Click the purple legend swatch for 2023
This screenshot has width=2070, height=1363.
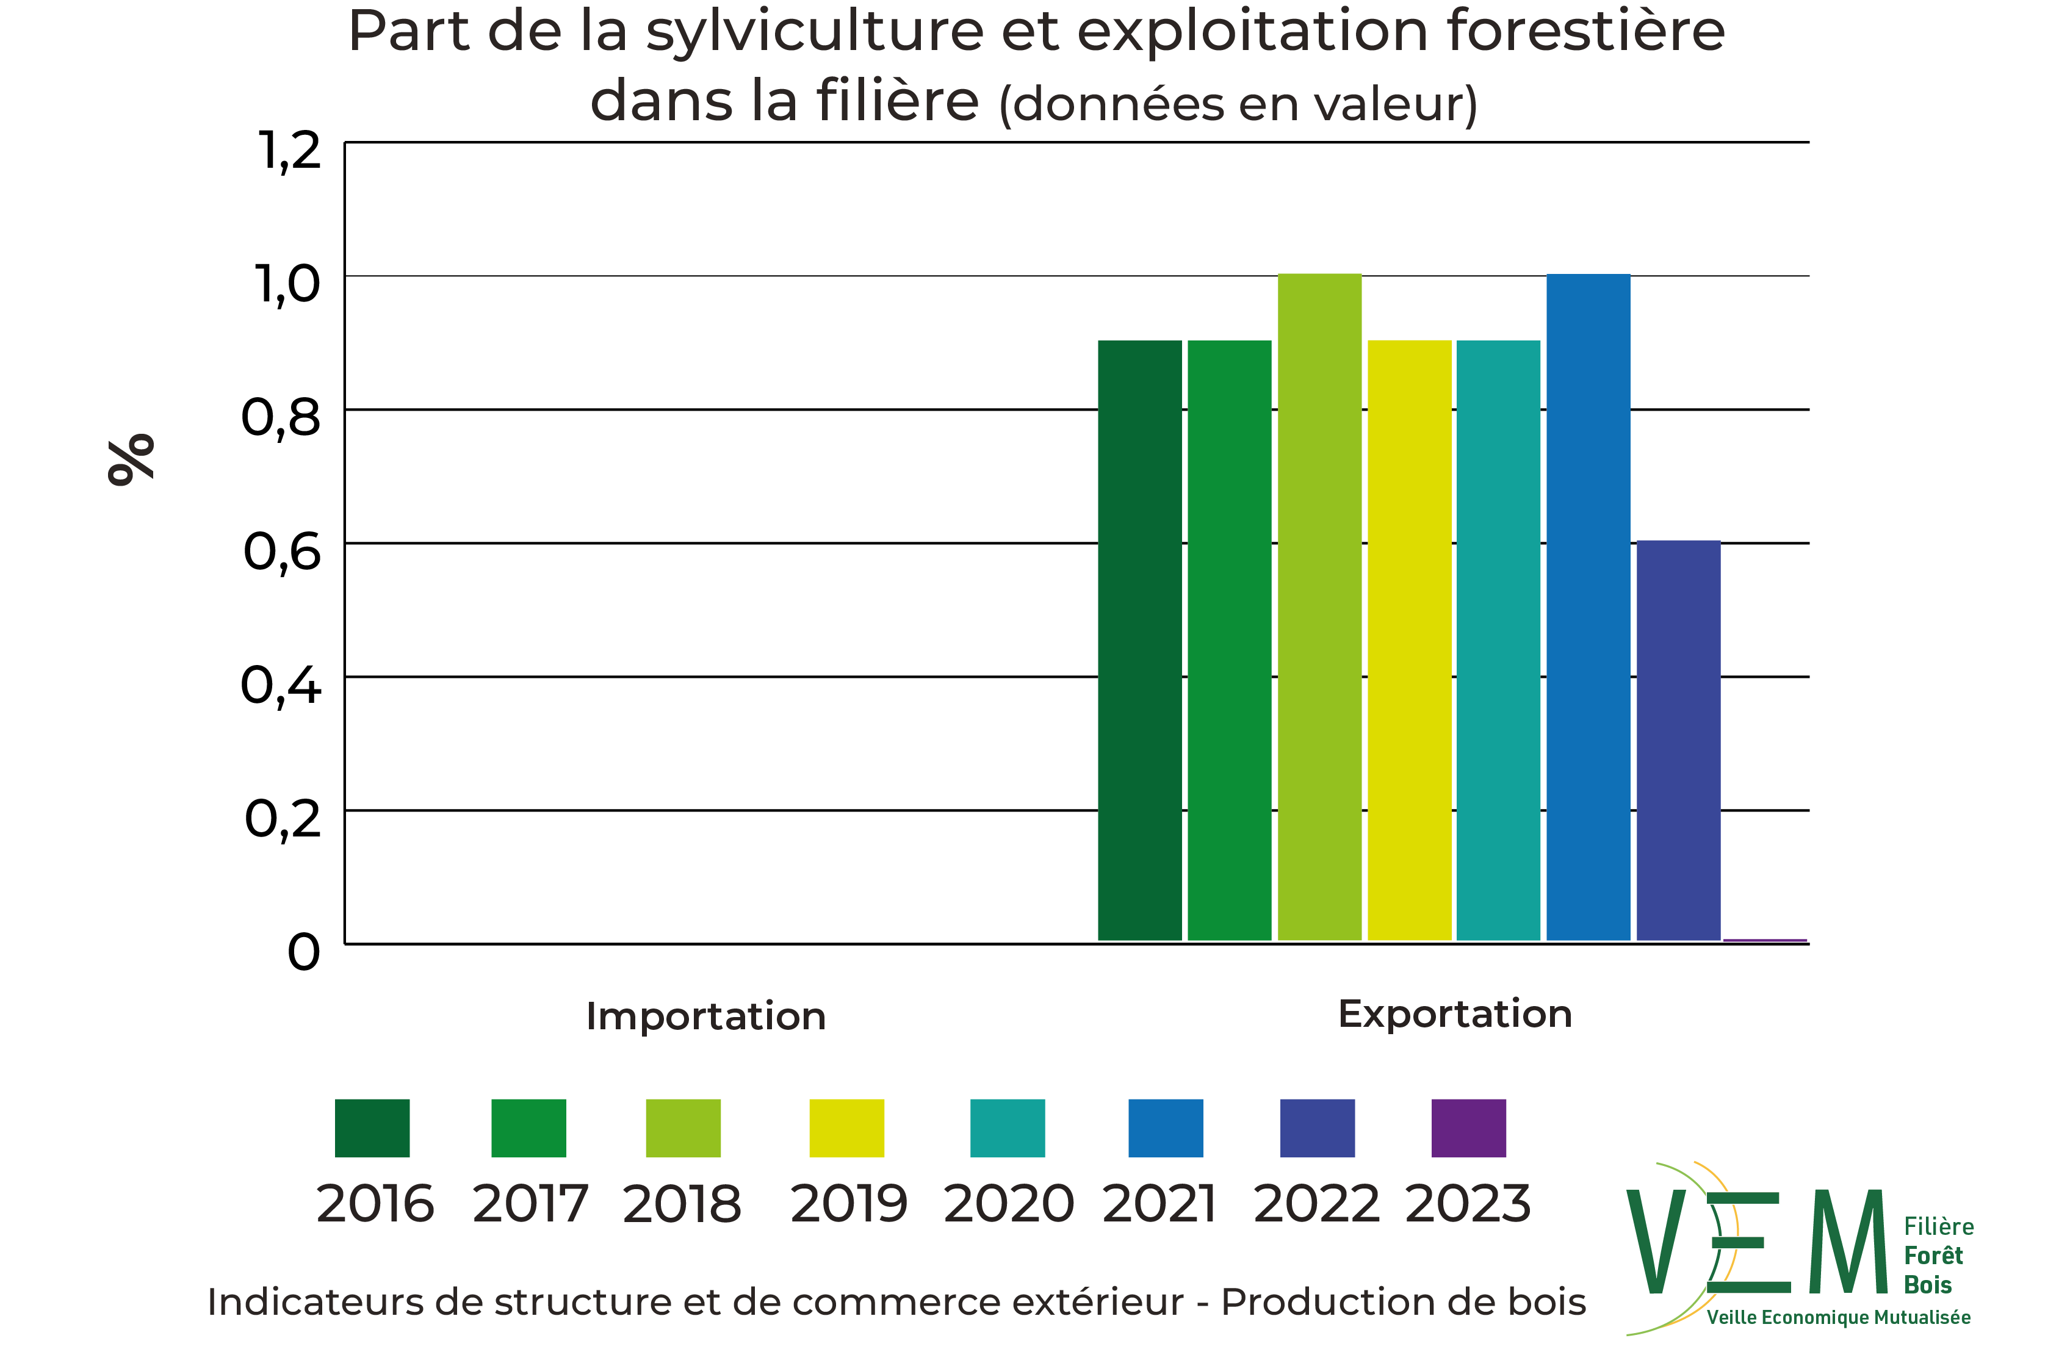point(1469,1127)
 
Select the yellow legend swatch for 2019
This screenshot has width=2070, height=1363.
point(846,1127)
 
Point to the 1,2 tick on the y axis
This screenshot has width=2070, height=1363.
point(290,151)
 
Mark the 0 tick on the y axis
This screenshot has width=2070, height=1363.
point(303,952)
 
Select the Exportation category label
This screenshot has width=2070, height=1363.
point(1455,1013)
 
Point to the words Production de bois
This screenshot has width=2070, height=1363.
point(1404,1302)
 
